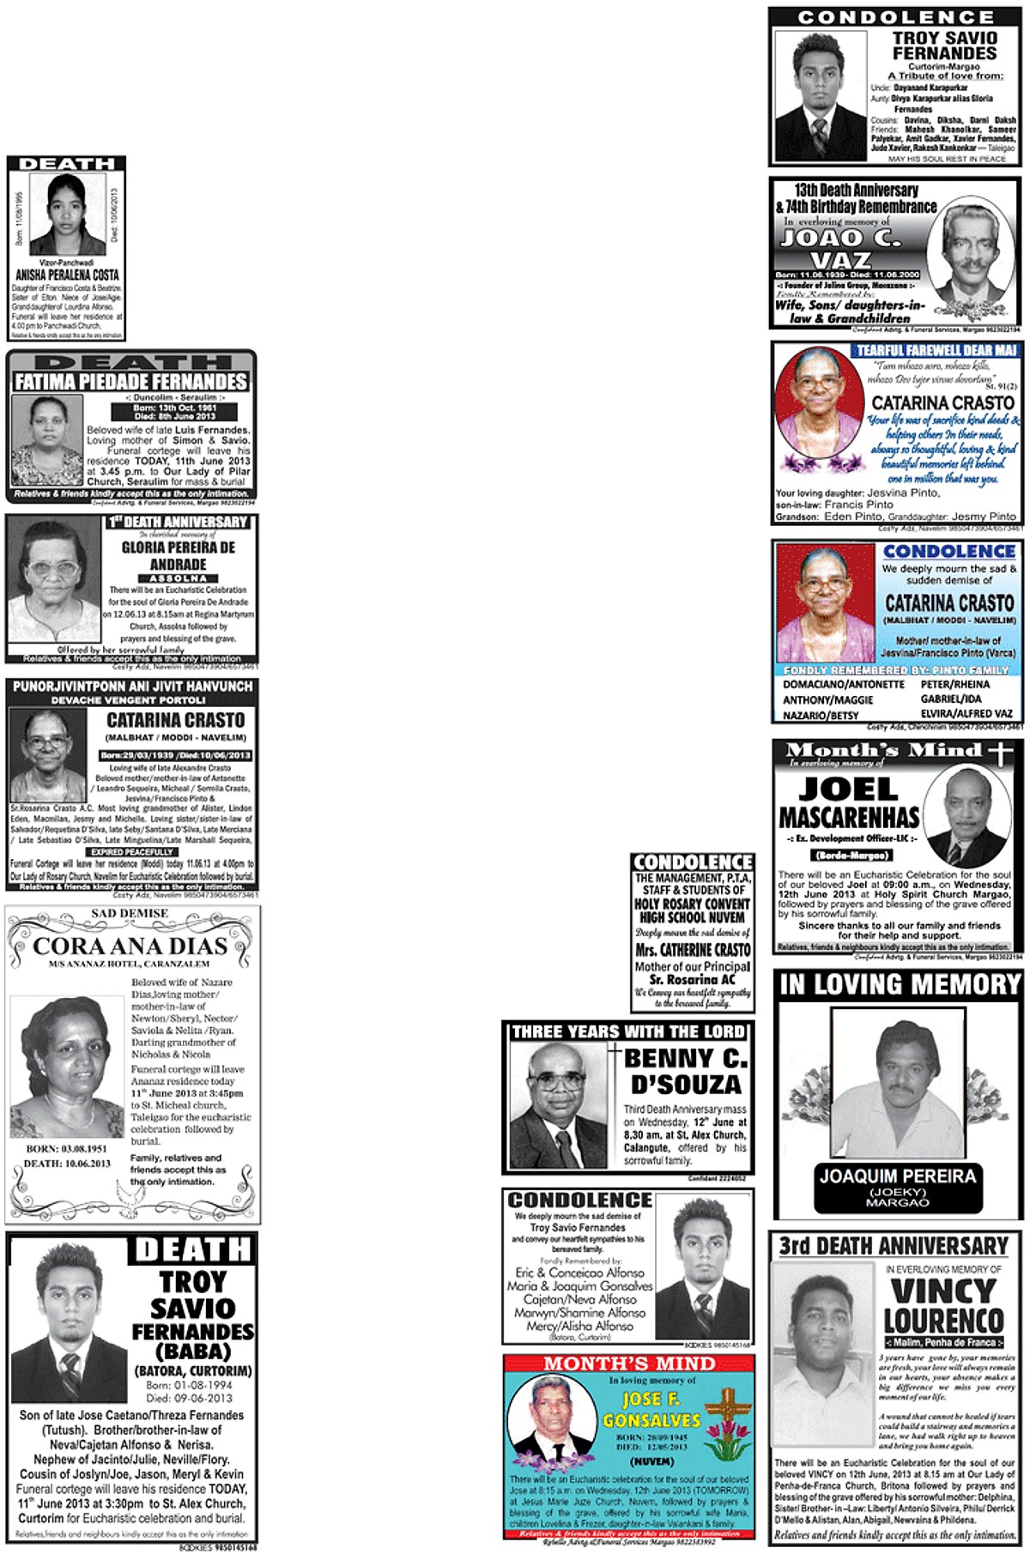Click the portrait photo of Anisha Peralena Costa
67,215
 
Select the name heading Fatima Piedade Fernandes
130,381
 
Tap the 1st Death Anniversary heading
178,522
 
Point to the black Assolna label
178,578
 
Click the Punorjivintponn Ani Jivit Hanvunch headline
132,686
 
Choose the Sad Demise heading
130,913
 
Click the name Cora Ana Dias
130,946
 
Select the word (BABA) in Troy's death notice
192,1351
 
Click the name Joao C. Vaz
841,248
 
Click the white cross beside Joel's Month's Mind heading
999,752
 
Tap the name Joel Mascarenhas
849,803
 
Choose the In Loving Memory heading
898,984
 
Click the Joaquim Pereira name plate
898,1186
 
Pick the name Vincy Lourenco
943,1305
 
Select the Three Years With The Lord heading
628,1031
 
